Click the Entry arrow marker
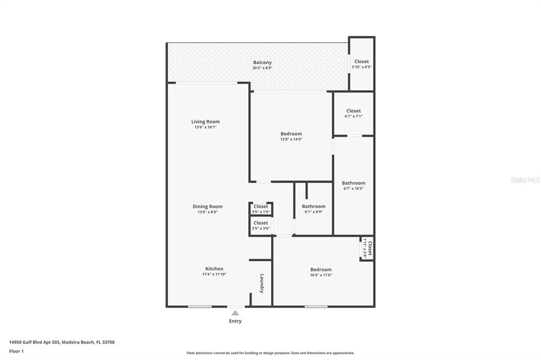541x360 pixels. coord(235,313)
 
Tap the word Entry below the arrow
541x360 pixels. coord(235,321)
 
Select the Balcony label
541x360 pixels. coord(262,62)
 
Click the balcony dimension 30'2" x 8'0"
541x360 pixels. coord(262,68)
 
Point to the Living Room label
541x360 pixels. coord(206,121)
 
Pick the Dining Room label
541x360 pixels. coord(207,206)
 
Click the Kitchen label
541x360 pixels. coord(214,269)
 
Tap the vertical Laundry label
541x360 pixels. coord(262,283)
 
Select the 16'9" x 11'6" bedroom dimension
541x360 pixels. coord(321,275)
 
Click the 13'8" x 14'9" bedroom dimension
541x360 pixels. coord(291,139)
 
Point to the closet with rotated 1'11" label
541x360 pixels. coord(367,248)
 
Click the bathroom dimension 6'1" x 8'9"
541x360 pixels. coord(313,212)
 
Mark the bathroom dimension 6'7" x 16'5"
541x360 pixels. coord(353,188)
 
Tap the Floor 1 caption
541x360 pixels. coord(16,351)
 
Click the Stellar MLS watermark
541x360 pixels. coord(525,180)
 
